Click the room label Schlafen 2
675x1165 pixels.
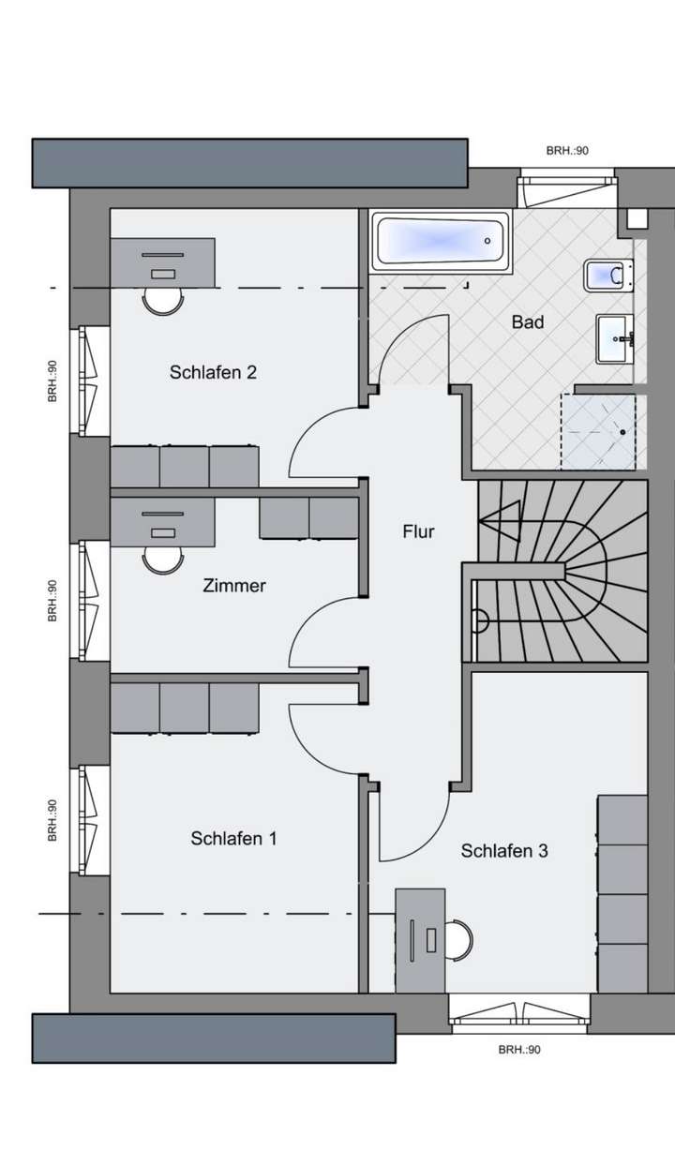213,372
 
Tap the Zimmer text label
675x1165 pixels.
234,586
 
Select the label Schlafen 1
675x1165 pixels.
233,838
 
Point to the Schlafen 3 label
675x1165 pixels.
504,851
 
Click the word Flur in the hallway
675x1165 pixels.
418,531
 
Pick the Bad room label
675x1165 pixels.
528,322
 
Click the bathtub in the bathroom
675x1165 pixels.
441,242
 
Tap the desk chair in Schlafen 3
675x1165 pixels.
457,936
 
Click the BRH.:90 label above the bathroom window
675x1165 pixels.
567,150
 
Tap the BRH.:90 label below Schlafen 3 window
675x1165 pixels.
519,1050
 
